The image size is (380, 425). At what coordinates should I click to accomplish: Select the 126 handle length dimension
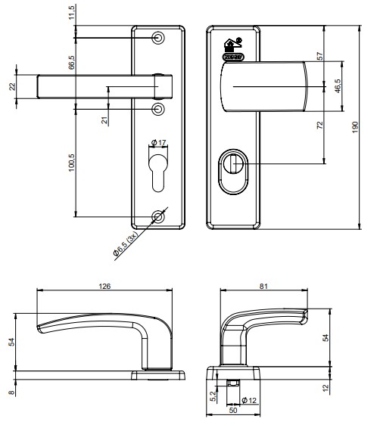pyautogui.click(x=104, y=286)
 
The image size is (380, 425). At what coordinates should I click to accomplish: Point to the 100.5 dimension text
pyautogui.click(x=72, y=162)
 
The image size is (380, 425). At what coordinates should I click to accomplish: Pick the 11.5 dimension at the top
pyautogui.click(x=72, y=13)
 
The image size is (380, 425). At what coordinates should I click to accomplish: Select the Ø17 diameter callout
pyautogui.click(x=158, y=141)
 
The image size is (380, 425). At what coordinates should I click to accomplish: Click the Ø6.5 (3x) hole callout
pyautogui.click(x=130, y=245)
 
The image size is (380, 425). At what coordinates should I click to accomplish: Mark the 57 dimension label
pyautogui.click(x=320, y=57)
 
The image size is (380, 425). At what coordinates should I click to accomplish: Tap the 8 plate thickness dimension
pyautogui.click(x=11, y=391)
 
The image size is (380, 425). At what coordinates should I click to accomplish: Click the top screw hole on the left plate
pyautogui.click(x=157, y=38)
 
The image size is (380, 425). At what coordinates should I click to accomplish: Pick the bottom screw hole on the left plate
pyautogui.click(x=157, y=217)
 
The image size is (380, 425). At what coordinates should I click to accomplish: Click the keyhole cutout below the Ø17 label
pyautogui.click(x=157, y=171)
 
